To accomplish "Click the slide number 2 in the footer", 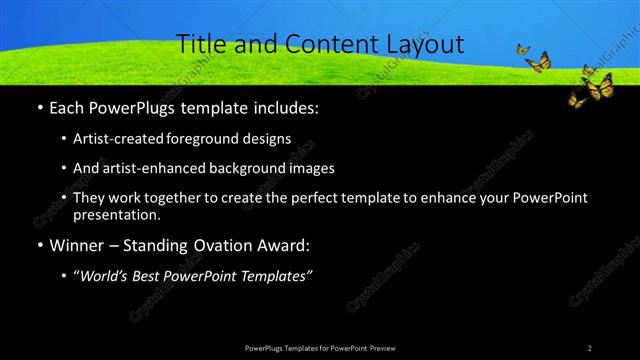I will [589, 347].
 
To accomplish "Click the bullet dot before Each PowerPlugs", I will [38, 106].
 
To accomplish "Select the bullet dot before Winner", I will [38, 244].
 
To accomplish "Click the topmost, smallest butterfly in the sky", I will [521, 48].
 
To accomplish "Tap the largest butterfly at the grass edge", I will [598, 88].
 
